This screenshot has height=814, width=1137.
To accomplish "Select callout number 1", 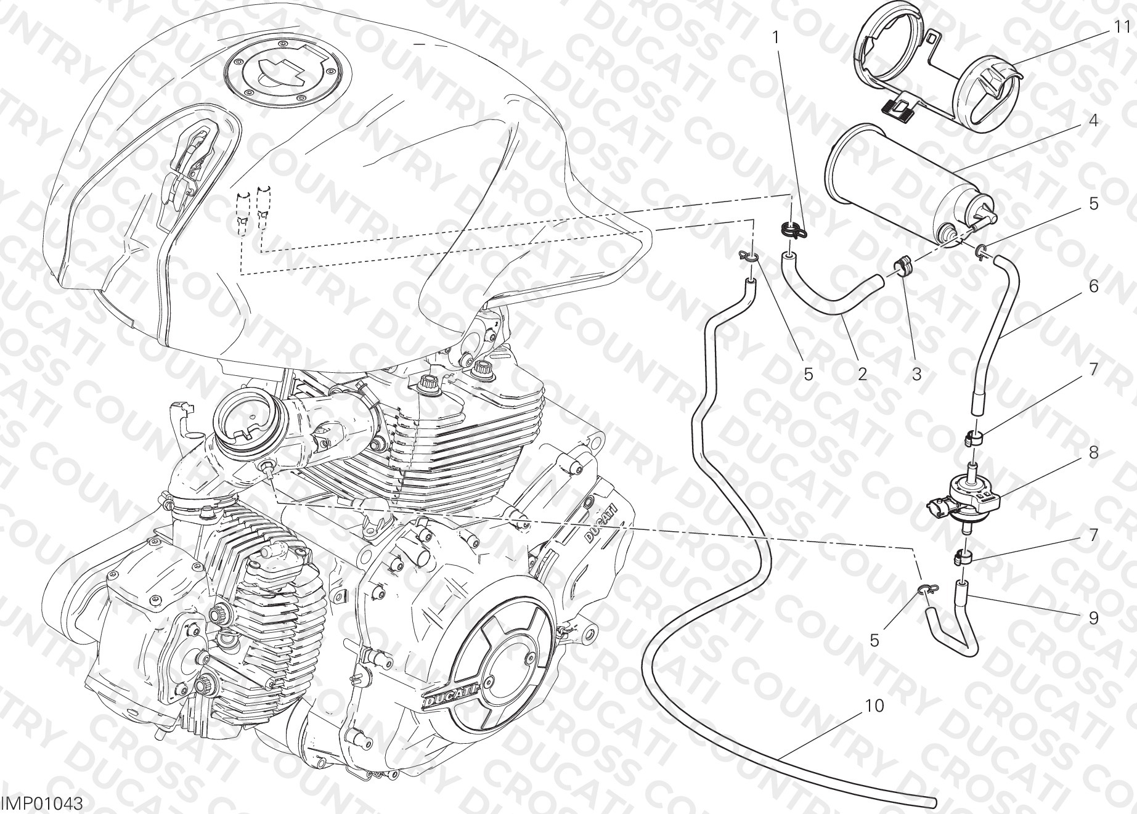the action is [x=776, y=38].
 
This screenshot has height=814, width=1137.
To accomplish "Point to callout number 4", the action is [x=1093, y=120].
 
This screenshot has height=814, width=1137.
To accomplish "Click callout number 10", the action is [x=876, y=706].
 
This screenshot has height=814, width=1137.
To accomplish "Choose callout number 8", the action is [x=1093, y=453].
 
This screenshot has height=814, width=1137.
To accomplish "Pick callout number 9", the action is [x=1093, y=617].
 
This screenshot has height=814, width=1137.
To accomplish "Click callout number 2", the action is [x=862, y=373].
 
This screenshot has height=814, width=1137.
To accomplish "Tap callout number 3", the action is [x=916, y=373].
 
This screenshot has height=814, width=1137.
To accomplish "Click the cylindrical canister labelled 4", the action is [x=908, y=185].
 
